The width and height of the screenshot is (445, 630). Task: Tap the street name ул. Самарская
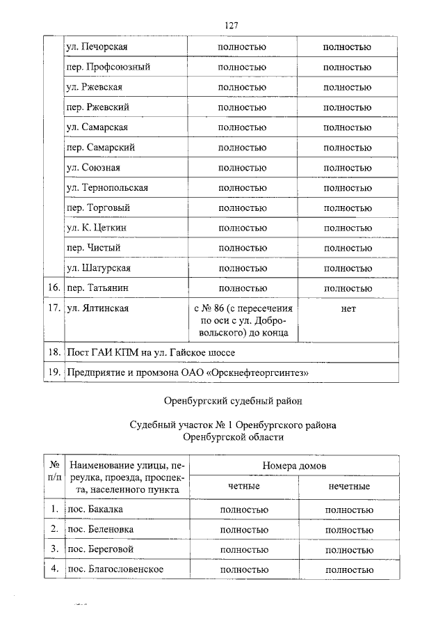click(97, 127)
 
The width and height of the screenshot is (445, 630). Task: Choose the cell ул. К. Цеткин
click(96, 228)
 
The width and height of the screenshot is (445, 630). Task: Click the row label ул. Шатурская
click(98, 268)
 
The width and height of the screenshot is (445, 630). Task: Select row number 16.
click(53, 288)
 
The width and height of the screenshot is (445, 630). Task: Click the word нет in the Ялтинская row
click(348, 308)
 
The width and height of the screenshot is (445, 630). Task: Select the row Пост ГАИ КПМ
click(155, 353)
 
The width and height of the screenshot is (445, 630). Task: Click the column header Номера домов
click(295, 465)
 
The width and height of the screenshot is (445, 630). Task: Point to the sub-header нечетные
click(348, 486)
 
